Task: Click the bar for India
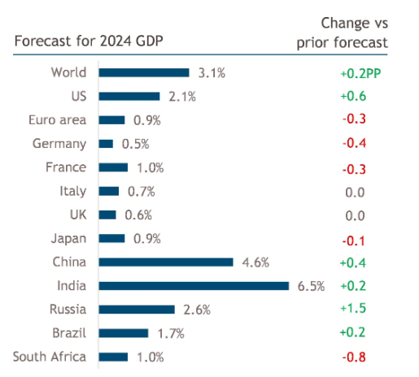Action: (x=194, y=285)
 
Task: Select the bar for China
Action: (x=166, y=262)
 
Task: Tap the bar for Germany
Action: (x=106, y=144)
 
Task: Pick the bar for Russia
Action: (x=137, y=309)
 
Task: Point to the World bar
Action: (x=144, y=73)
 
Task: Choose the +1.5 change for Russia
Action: (x=354, y=309)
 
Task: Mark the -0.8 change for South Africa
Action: (x=354, y=357)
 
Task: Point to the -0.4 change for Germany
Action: (x=354, y=144)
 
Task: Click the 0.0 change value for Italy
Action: (x=354, y=192)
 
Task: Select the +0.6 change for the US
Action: (x=354, y=97)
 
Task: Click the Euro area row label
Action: (x=57, y=120)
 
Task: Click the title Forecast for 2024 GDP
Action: (x=77, y=41)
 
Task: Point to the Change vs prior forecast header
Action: (x=354, y=31)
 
